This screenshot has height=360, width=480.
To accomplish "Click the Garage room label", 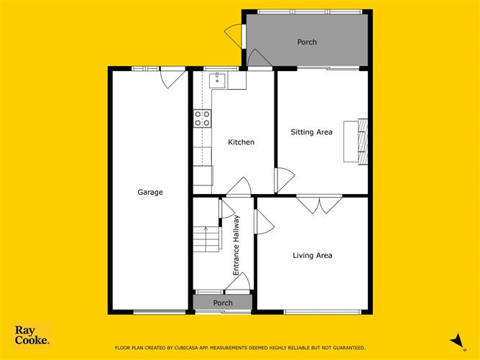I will click(150, 192).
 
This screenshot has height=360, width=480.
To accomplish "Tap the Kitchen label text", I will click(241, 142).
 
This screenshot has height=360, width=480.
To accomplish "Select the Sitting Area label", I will click(311, 132).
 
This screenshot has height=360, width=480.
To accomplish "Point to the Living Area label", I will click(312, 255).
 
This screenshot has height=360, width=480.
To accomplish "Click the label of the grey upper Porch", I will click(307, 42).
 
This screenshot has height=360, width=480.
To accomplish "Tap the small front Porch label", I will click(223, 303).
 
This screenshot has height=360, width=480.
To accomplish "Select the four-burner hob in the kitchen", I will click(202, 119).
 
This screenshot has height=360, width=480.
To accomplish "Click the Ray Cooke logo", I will click(32, 336).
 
